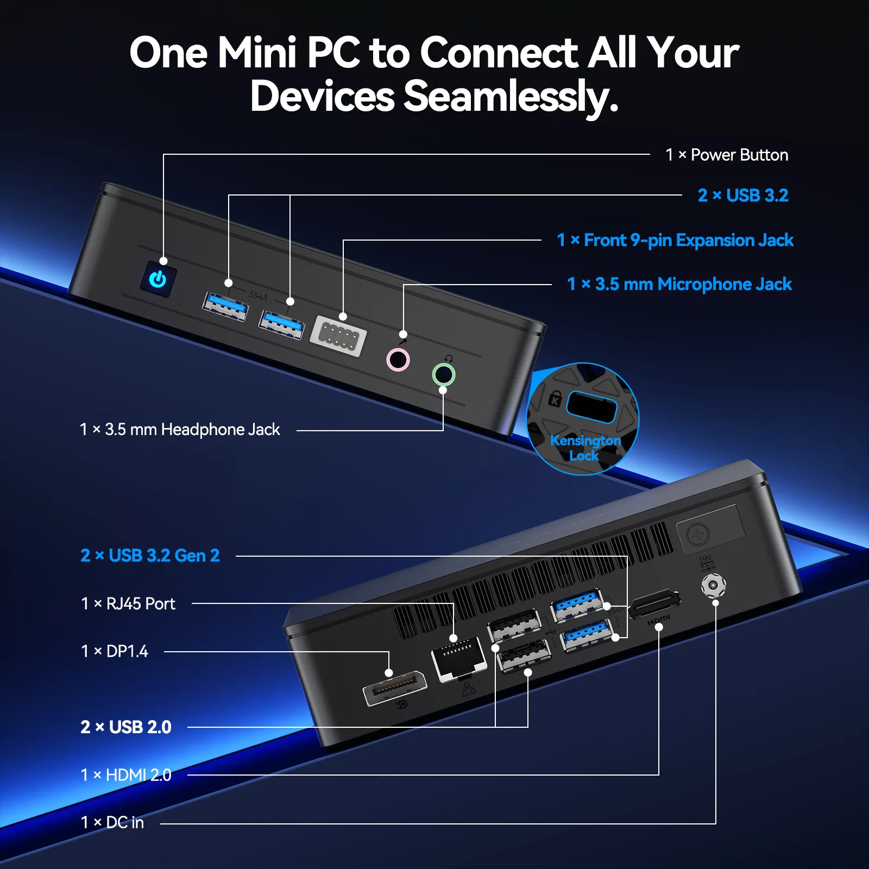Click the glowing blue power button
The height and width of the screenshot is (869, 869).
click(158, 279)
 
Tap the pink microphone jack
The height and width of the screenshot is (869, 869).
click(398, 360)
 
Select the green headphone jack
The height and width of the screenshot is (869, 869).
click(443, 374)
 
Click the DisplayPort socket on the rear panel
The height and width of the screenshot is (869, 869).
click(395, 688)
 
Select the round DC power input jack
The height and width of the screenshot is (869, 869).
click(713, 586)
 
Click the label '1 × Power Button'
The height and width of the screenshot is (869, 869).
click(727, 155)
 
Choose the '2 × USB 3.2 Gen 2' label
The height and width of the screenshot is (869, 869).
click(150, 556)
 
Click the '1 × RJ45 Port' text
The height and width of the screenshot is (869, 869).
click(128, 603)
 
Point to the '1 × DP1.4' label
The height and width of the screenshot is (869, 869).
click(114, 651)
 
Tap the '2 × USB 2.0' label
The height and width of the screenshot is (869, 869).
click(126, 727)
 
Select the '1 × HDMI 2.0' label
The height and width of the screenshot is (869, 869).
click(126, 775)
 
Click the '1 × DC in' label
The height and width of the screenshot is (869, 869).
click(112, 823)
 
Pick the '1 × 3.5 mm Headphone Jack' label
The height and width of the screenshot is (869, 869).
click(180, 430)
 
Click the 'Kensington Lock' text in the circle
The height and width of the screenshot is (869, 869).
click(585, 448)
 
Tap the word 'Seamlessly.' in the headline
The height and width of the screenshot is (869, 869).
click(511, 96)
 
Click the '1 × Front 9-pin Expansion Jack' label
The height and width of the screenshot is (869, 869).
click(675, 240)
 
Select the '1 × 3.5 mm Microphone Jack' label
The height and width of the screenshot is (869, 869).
click(679, 284)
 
